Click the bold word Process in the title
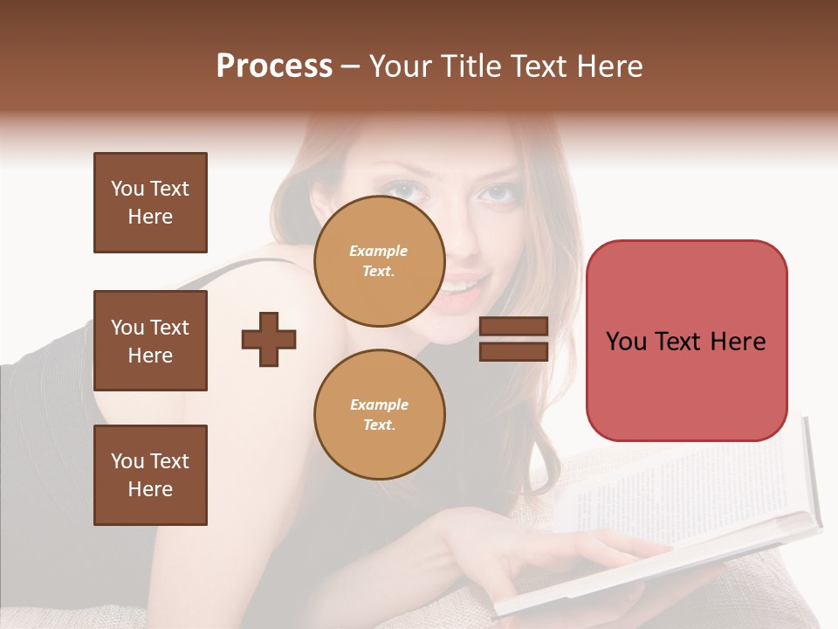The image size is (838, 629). [274, 66]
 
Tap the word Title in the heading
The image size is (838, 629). [476, 66]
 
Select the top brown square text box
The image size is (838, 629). [150, 203]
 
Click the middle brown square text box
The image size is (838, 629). [150, 341]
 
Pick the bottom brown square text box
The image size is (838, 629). [150, 475]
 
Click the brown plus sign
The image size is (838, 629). [269, 339]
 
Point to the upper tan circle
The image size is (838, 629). [380, 261]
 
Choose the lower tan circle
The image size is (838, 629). [380, 414]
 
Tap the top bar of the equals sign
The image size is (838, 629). [513, 327]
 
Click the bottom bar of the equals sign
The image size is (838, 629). [513, 351]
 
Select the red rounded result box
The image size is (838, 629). [686, 341]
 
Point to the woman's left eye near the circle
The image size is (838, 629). [401, 189]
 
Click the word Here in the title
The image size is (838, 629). [608, 66]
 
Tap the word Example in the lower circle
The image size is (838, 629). [379, 404]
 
